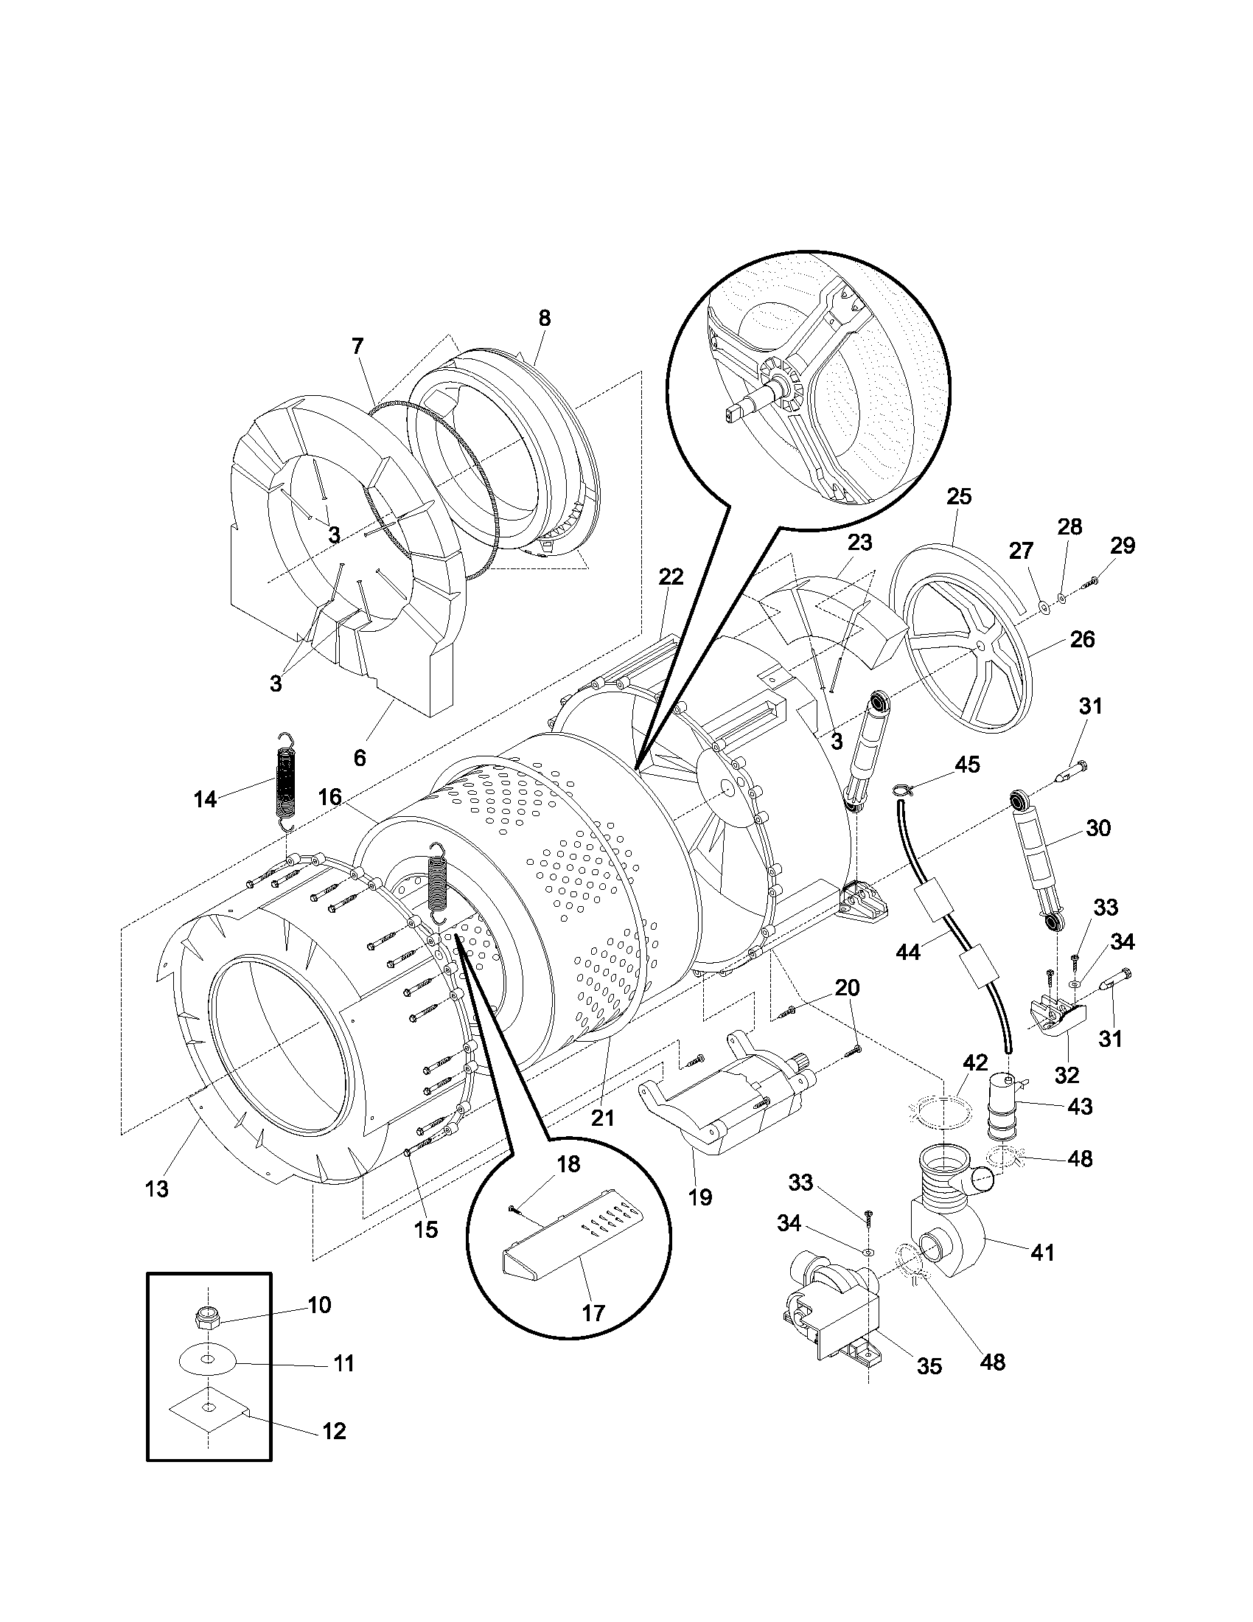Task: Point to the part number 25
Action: tap(959, 497)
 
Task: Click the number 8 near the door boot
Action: tap(544, 319)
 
